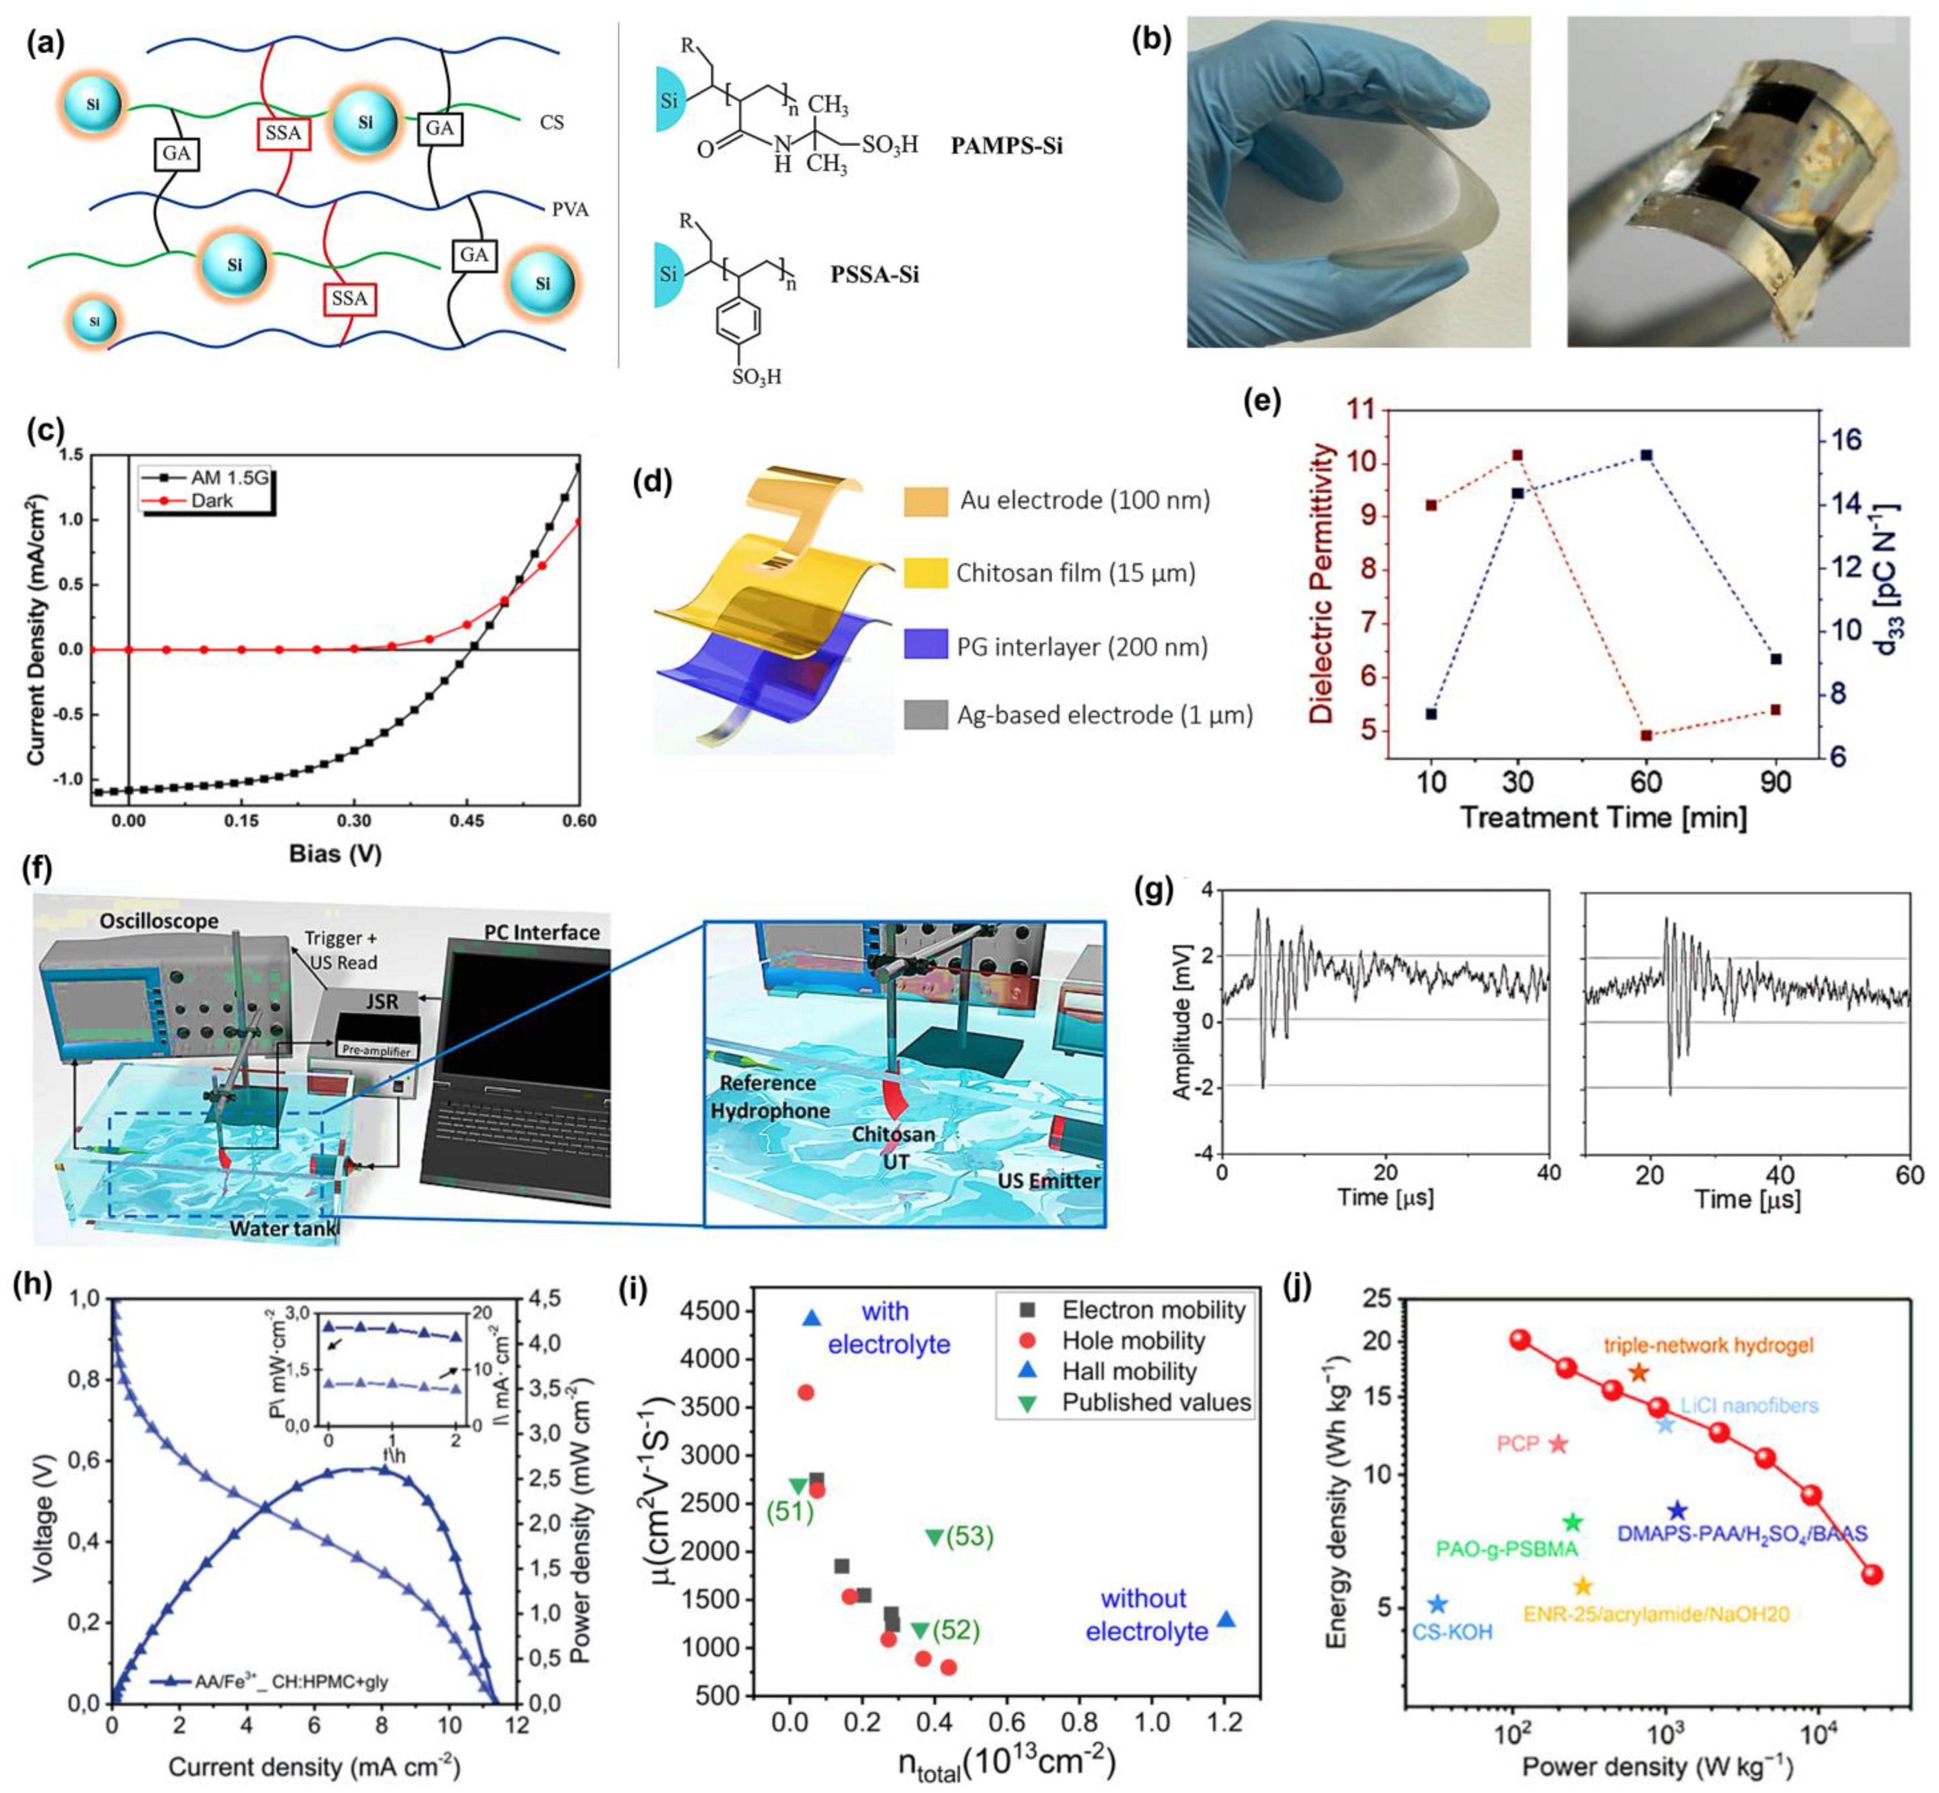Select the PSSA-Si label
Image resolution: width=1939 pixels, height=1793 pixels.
click(874, 275)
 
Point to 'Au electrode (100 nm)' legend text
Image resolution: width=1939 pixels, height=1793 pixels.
click(1085, 501)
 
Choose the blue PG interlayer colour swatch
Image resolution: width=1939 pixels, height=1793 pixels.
click(925, 645)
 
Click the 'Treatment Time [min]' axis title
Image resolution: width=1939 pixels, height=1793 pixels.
click(1603, 817)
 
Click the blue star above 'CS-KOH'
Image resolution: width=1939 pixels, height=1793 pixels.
click(1437, 1605)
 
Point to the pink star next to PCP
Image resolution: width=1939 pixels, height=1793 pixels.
click(1558, 1444)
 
